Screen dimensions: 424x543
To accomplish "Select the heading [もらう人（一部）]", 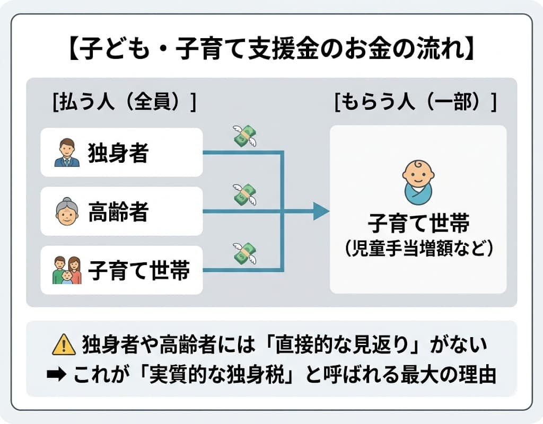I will [415, 102].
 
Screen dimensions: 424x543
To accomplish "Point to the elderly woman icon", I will [66, 212].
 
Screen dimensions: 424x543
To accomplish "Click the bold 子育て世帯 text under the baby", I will [418, 223].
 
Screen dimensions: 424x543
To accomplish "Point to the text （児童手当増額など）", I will [418, 248].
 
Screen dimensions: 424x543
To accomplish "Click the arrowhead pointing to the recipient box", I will [321, 211].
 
